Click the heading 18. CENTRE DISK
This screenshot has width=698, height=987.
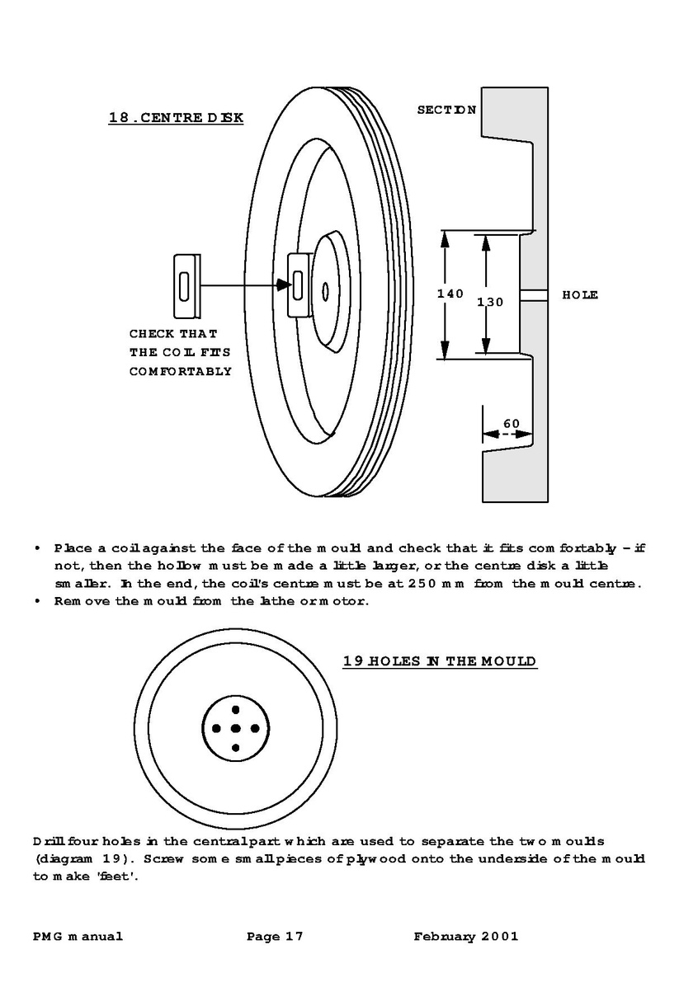click(176, 117)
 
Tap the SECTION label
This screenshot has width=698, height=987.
click(446, 109)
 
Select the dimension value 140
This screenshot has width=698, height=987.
click(450, 294)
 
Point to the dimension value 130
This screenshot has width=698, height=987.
click(489, 302)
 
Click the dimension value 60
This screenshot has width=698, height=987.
click(512, 424)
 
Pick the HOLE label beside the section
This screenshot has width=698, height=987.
click(580, 294)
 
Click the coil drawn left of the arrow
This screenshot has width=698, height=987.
click(186, 286)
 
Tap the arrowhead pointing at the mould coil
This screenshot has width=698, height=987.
click(284, 285)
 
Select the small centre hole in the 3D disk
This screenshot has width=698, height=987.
click(326, 291)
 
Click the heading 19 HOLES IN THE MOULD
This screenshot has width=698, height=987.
click(440, 661)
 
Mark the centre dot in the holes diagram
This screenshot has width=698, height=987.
click(235, 728)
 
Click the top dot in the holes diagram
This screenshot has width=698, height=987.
click(235, 709)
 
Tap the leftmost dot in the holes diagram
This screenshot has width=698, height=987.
click(216, 728)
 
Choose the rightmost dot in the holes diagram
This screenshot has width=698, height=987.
click(255, 728)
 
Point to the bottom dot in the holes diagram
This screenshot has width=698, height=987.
click(235, 748)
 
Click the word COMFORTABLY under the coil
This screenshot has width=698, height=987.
click(181, 371)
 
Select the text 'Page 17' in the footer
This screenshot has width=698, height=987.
click(275, 936)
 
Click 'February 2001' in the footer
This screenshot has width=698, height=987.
click(466, 936)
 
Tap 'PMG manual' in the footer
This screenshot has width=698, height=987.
click(78, 936)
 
